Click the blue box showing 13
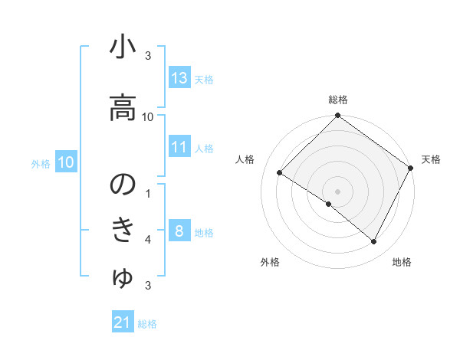click(179, 78)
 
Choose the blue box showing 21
click(123, 322)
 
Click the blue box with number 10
click(66, 162)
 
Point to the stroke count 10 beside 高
click(148, 116)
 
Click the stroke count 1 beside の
click(148, 193)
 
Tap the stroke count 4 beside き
click(148, 240)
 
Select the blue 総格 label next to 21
click(147, 324)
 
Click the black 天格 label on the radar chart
click(431, 159)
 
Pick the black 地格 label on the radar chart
click(402, 262)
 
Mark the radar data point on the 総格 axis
click(337, 116)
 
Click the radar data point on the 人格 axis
click(280, 173)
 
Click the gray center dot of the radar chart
click(337, 191)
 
